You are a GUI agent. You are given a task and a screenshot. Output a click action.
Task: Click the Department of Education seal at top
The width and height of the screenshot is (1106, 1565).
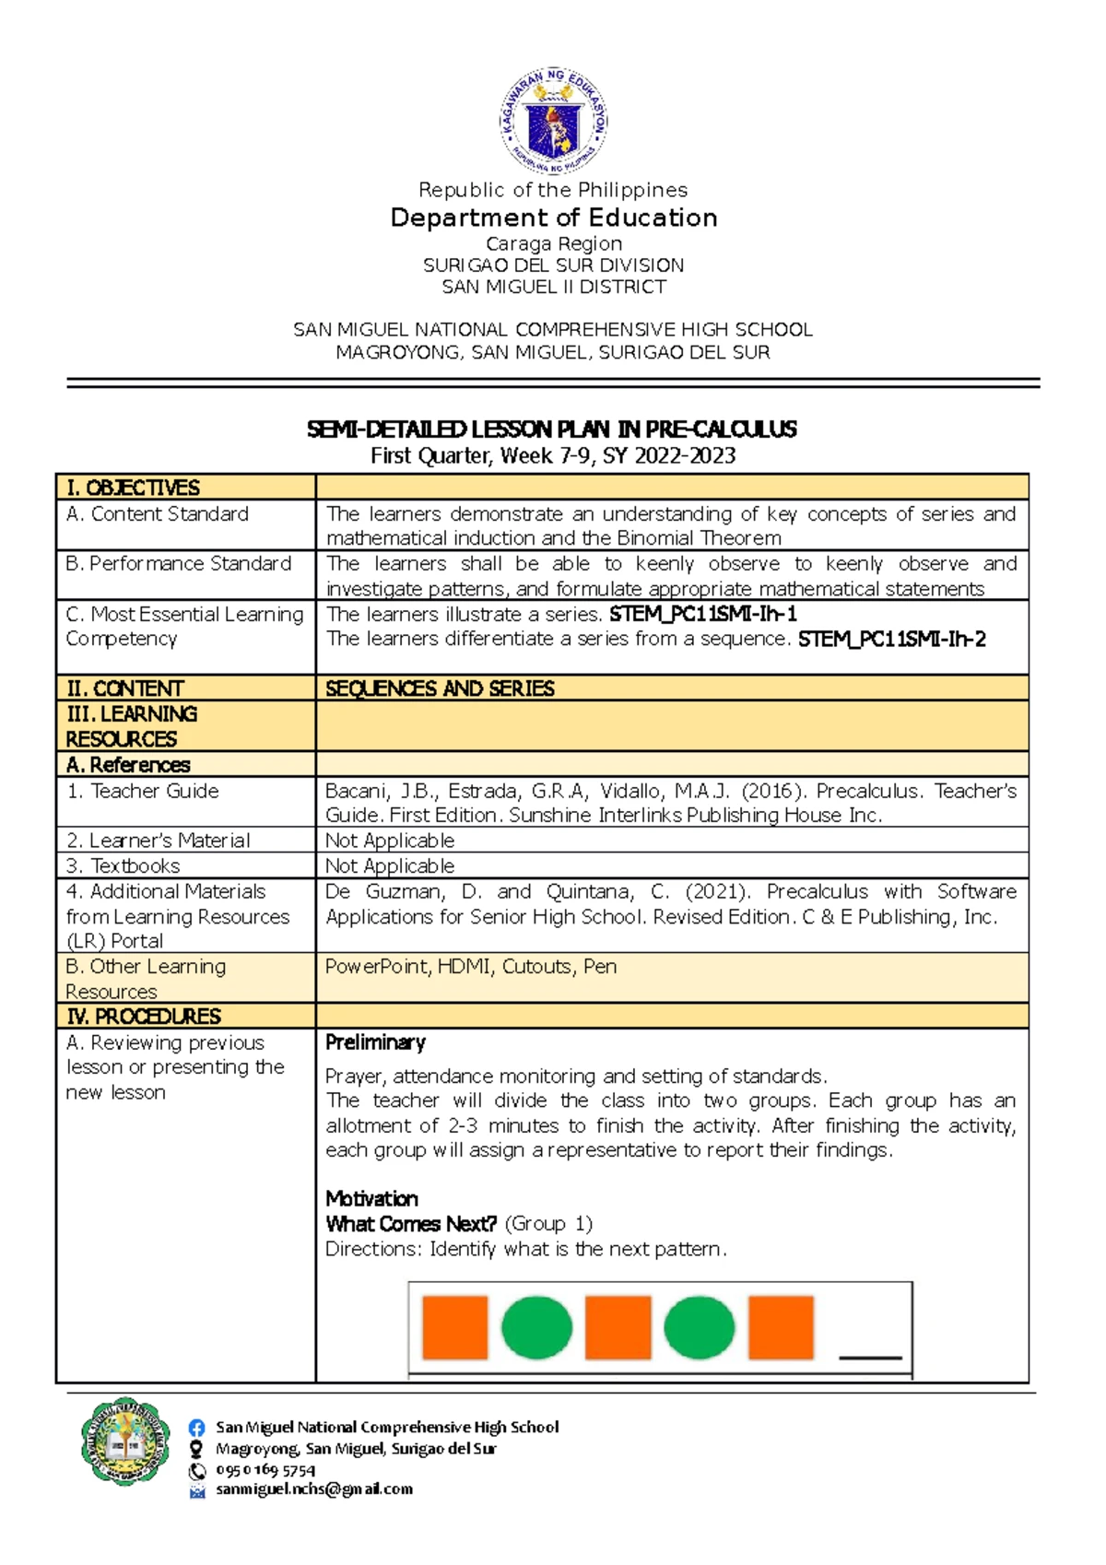[x=553, y=121]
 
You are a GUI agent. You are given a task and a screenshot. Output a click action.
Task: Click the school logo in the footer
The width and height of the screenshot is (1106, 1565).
[x=125, y=1441]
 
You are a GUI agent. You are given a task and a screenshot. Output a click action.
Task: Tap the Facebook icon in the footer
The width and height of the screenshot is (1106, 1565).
[x=196, y=1428]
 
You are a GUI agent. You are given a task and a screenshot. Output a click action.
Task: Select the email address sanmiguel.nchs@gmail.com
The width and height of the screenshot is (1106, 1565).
[x=313, y=1489]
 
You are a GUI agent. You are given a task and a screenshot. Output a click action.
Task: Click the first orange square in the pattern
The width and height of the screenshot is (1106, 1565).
[x=454, y=1327]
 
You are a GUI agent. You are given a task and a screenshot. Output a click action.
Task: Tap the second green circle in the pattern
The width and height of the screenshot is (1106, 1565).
[x=699, y=1327]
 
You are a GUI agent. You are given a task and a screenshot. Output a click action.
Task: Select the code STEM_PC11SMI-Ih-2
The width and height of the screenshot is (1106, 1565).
[x=891, y=639]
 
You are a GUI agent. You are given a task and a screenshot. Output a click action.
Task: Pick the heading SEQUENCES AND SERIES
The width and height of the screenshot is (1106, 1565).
[x=440, y=688]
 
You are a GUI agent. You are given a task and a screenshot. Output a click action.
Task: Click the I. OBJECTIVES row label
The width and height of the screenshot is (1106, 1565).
[x=133, y=488]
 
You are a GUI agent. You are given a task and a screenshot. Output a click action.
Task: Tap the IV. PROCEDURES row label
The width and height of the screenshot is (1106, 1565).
[x=143, y=1017]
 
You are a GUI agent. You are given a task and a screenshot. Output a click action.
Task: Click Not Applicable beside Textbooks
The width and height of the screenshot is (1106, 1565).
[x=390, y=866]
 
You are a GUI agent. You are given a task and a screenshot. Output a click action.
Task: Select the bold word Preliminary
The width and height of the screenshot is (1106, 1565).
[x=375, y=1042]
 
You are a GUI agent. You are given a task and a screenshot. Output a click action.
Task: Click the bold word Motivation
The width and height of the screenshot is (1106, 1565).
[x=371, y=1199]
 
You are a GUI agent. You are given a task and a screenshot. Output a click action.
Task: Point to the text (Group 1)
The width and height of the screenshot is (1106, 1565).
[x=548, y=1224]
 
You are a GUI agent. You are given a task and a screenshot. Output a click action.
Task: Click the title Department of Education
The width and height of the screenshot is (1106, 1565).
[x=553, y=218]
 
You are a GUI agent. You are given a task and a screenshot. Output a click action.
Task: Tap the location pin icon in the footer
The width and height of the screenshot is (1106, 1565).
[x=196, y=1449]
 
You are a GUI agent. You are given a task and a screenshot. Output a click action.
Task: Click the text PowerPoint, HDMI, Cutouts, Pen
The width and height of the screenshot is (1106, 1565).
[x=471, y=967]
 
